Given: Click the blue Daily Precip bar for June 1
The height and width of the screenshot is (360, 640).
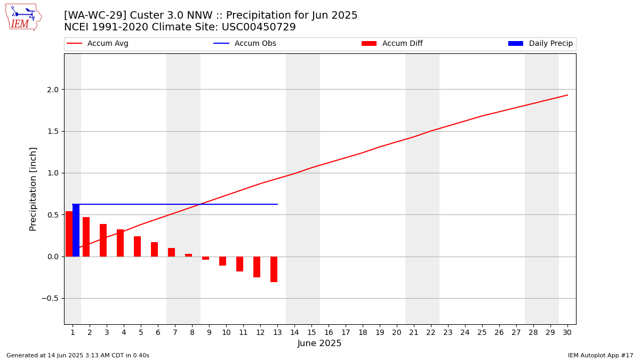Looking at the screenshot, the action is [76, 230].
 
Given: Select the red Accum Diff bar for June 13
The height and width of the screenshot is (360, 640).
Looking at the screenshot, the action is [274, 269].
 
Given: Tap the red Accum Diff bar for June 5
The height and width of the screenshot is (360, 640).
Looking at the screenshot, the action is [138, 246].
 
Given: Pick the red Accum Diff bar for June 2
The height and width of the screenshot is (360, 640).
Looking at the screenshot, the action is [86, 237].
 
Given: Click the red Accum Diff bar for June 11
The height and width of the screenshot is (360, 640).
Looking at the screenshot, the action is [239, 264].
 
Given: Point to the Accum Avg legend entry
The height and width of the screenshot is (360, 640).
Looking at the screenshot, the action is [98, 43].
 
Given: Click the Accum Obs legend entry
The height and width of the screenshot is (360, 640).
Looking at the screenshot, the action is [245, 43].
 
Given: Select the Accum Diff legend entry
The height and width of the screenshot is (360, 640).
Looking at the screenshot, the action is [392, 43].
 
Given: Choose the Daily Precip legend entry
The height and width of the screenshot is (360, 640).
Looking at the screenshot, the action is [541, 43].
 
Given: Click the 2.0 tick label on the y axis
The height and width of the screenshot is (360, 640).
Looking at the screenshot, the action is [53, 90].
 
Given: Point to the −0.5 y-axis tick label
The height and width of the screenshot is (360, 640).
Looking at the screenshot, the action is [50, 299].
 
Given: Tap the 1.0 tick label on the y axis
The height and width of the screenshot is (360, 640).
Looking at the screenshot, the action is [53, 173].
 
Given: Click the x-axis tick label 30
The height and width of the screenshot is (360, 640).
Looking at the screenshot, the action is [567, 333].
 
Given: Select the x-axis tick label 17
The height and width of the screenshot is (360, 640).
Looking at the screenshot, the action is [346, 333].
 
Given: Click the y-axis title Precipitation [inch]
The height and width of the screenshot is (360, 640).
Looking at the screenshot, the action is [33, 189].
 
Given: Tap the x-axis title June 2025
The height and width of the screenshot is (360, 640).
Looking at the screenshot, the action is [319, 343].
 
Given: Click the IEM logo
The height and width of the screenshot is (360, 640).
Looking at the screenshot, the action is [23, 18].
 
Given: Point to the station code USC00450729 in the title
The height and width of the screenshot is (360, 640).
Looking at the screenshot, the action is [259, 27].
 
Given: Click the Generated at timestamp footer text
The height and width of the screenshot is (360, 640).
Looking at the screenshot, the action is [78, 355].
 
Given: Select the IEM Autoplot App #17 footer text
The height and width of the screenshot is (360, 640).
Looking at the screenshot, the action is [601, 355].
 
